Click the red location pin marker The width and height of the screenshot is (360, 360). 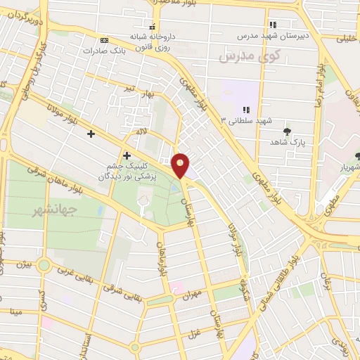click(x=181, y=165)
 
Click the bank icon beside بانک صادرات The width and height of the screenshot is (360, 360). click(x=104, y=40)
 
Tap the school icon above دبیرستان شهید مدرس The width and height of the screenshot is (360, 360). click(x=273, y=24)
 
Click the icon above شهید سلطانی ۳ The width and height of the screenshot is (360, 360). click(x=246, y=109)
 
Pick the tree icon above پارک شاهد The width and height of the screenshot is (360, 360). click(x=286, y=131)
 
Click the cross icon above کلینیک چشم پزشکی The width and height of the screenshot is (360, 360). click(x=127, y=155)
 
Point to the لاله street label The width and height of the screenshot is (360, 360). click(x=141, y=131)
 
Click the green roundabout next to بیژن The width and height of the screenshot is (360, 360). click(x=44, y=266)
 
